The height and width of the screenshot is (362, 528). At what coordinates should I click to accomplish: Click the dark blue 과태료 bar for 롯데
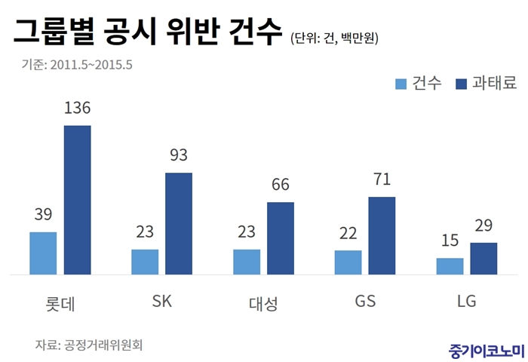tap(77, 200)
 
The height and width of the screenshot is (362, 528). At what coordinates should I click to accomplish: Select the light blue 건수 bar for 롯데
tap(43, 253)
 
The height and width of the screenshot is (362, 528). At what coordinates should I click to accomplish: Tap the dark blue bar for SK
tap(179, 223)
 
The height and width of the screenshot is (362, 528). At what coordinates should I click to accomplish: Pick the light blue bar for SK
tap(145, 262)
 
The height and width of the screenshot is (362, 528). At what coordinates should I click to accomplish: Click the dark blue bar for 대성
tap(281, 238)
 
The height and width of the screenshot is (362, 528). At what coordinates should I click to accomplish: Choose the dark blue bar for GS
tap(382, 236)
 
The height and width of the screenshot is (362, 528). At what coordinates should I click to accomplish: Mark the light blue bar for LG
tap(450, 266)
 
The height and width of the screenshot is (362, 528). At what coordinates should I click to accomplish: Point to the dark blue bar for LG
tap(483, 259)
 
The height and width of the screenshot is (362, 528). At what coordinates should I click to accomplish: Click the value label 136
tap(77, 109)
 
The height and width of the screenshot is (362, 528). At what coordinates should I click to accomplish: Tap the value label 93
tap(179, 157)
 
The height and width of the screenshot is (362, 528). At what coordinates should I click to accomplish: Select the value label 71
tap(382, 180)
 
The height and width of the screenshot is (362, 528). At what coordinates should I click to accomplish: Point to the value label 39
tap(43, 216)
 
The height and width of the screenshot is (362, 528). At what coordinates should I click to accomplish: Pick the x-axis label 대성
tap(263, 303)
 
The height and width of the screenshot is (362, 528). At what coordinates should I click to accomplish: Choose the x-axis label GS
tap(365, 302)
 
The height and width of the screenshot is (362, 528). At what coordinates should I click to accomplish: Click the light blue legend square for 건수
tap(401, 83)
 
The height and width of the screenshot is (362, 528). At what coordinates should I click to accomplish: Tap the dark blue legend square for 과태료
tap(462, 83)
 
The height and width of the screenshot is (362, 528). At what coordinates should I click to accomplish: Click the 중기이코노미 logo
tap(480, 348)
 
